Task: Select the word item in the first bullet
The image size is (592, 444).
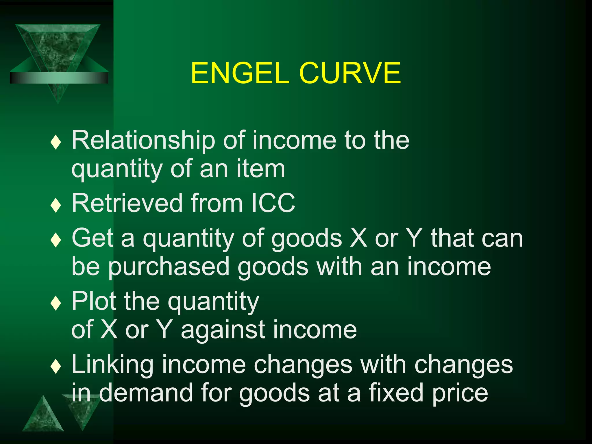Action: (x=261, y=169)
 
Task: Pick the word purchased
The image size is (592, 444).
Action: (x=169, y=267)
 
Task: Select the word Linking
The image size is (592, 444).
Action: (x=112, y=365)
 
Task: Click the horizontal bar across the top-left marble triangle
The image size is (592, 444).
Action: (x=59, y=78)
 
